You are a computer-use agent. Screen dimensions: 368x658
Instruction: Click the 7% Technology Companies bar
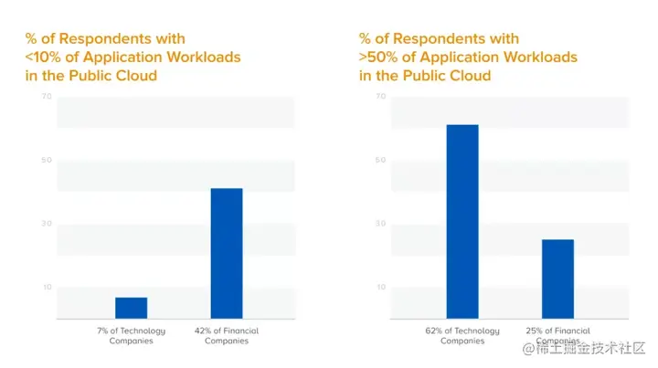point(131,308)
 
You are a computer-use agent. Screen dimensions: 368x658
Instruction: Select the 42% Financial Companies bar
point(227,253)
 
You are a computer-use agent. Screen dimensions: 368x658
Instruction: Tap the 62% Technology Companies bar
point(462,221)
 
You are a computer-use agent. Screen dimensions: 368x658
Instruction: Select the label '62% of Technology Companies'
point(462,335)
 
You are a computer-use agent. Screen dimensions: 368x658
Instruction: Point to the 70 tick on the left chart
point(46,97)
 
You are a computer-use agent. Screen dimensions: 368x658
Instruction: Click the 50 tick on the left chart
point(46,161)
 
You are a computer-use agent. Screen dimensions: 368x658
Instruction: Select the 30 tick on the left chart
point(46,224)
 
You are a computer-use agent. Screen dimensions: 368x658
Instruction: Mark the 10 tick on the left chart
point(46,288)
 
